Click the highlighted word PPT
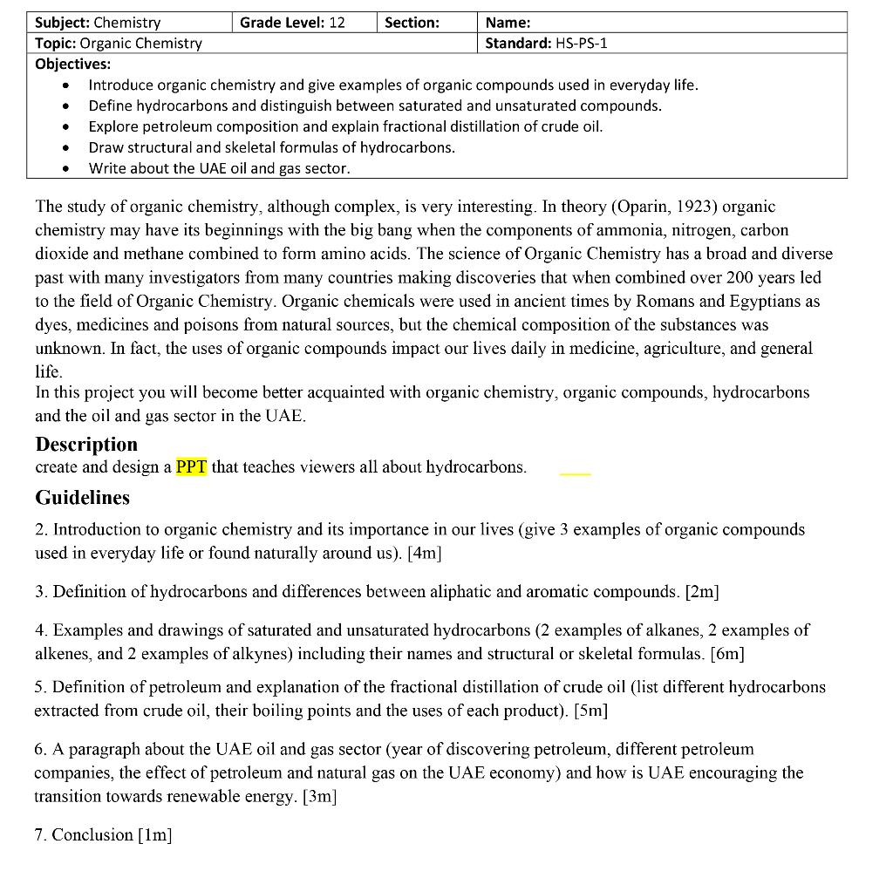(191, 466)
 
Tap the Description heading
(86, 444)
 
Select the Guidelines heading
(82, 497)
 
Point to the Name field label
(508, 23)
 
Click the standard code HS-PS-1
(581, 43)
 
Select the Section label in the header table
(412, 23)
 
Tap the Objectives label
(73, 64)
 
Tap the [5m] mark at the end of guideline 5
(590, 710)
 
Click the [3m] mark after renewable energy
(319, 796)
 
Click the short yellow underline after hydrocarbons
(575, 474)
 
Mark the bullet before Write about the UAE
(67, 169)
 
